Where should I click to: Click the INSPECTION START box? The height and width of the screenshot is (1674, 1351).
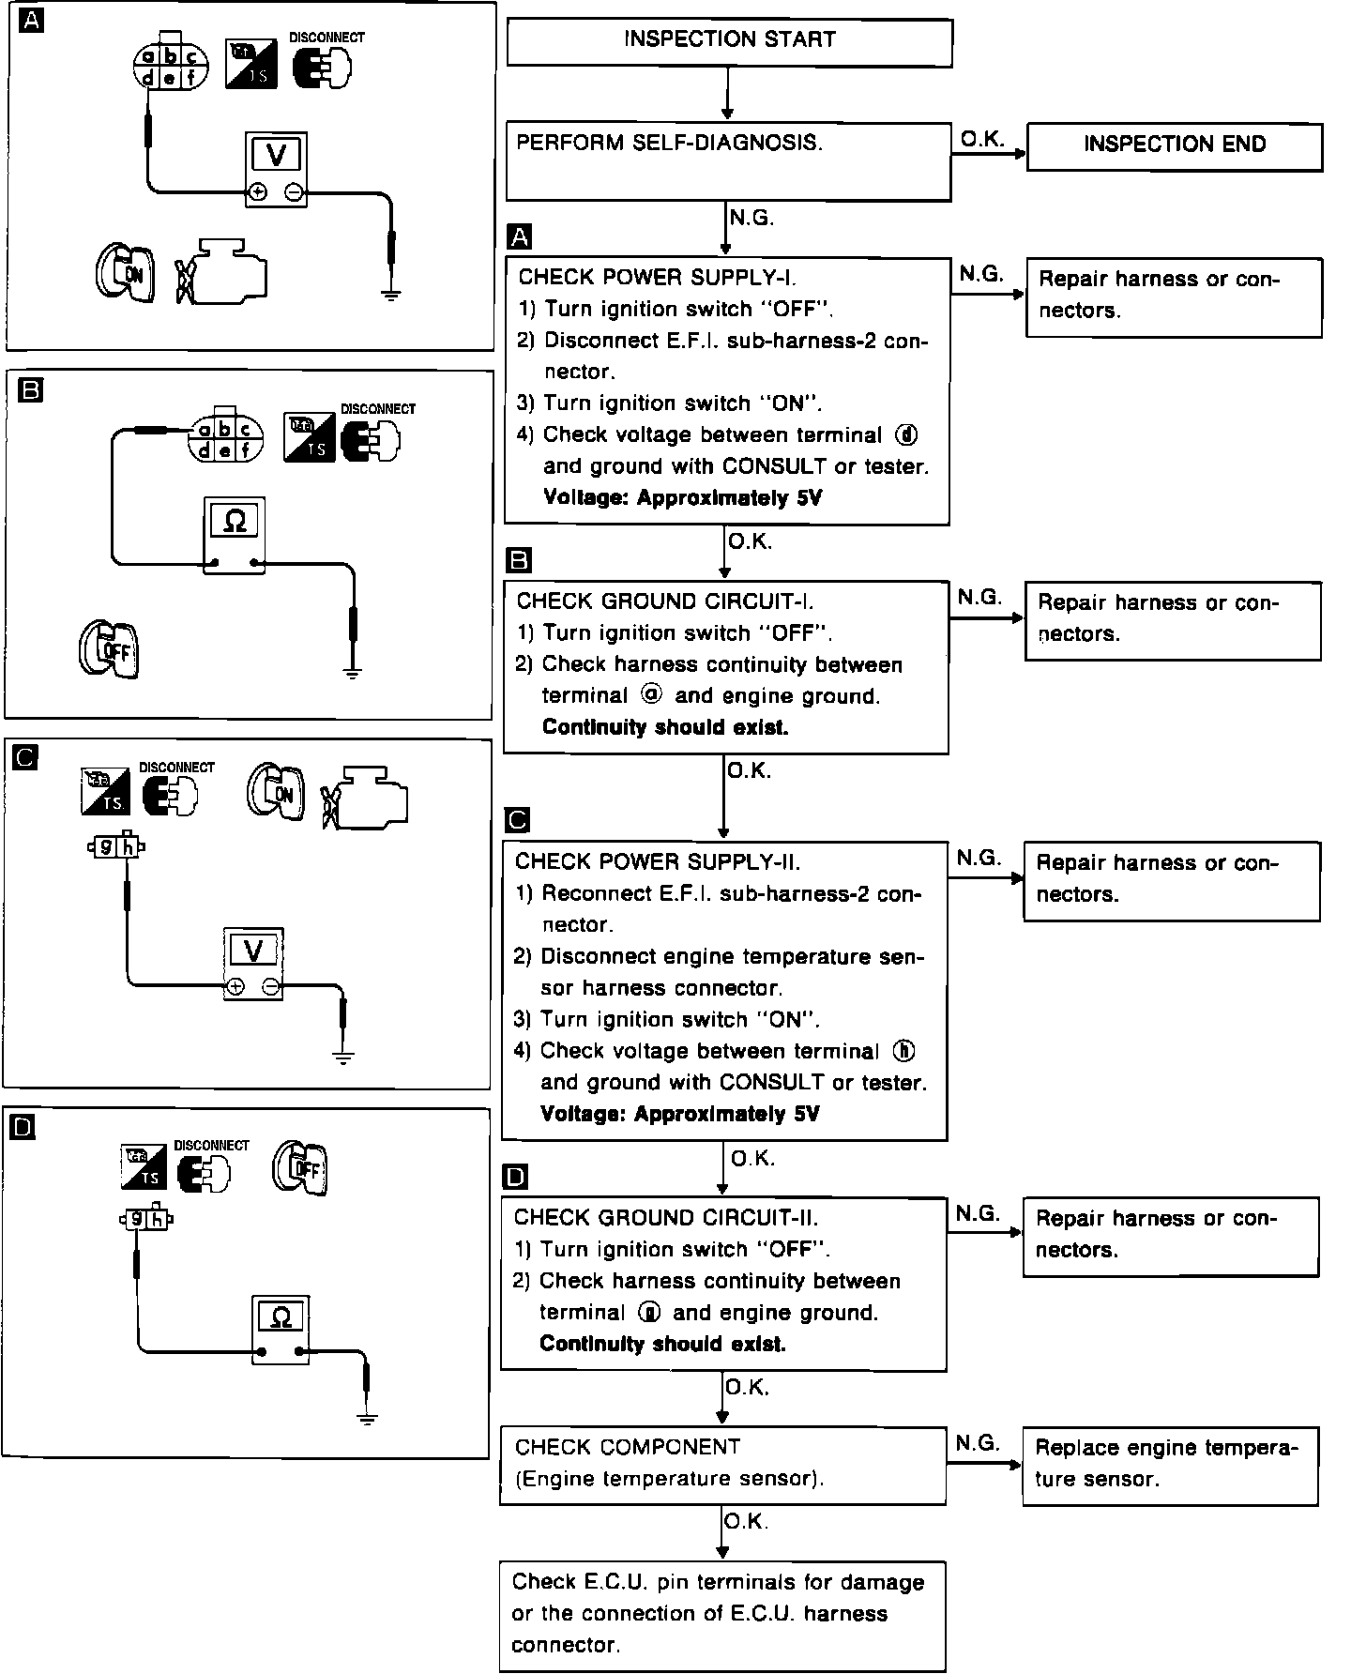click(729, 43)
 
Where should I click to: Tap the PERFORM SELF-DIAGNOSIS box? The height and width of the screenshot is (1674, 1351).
click(728, 160)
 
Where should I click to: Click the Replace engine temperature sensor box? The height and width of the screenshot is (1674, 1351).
click(1170, 1466)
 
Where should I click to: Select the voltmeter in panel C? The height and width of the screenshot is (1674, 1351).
click(253, 964)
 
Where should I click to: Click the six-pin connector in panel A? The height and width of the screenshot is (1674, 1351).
click(170, 66)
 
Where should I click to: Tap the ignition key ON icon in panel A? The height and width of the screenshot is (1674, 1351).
click(125, 273)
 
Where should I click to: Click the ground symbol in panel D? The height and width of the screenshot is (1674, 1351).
click(368, 1417)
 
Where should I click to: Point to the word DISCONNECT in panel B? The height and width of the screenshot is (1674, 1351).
click(377, 409)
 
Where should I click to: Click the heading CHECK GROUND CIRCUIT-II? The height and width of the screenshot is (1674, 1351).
click(666, 1218)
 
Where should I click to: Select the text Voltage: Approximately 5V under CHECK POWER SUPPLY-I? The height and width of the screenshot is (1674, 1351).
click(682, 498)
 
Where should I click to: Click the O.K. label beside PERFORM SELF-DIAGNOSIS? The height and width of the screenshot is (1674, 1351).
click(982, 139)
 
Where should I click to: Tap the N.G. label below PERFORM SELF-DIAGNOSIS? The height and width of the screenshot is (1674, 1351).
click(751, 218)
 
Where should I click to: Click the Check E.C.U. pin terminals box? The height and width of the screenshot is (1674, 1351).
click(721, 1614)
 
